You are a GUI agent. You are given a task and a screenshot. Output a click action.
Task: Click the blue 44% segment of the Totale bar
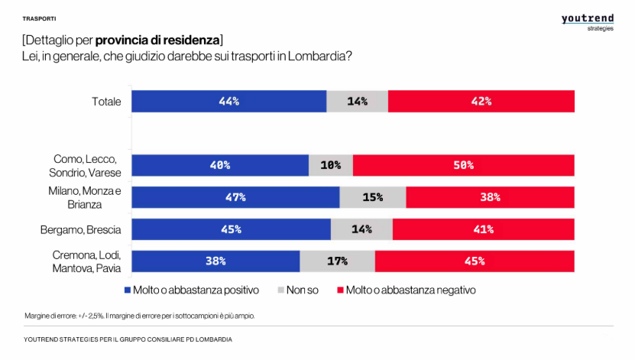pyautogui.click(x=228, y=101)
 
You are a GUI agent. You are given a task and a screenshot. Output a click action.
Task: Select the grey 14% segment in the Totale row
pyautogui.click(x=357, y=101)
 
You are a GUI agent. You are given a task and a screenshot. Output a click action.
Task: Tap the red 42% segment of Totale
pyautogui.click(x=481, y=101)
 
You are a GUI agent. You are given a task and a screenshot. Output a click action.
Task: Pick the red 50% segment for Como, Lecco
pyautogui.click(x=463, y=165)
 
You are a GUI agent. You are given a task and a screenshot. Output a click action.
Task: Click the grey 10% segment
pyautogui.click(x=331, y=165)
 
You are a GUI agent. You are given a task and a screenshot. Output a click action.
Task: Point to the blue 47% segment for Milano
pyautogui.click(x=235, y=197)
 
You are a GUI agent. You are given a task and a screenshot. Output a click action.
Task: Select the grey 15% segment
pyautogui.click(x=372, y=197)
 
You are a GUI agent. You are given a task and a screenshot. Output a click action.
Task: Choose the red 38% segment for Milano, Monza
pyautogui.click(x=490, y=197)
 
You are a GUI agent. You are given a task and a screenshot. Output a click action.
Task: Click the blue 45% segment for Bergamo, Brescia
pyautogui.click(x=231, y=229)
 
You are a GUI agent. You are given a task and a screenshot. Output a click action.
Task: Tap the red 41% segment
pyautogui.click(x=483, y=229)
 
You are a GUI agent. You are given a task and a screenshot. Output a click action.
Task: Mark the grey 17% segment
pyautogui.click(x=337, y=261)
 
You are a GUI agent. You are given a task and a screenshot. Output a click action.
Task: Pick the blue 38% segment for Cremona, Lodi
pyautogui.click(x=215, y=261)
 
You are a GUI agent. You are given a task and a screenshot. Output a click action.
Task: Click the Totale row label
pyautogui.click(x=106, y=101)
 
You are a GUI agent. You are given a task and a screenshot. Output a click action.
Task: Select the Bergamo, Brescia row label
pyautogui.click(x=80, y=229)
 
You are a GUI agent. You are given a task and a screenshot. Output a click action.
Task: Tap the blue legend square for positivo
pyautogui.click(x=127, y=290)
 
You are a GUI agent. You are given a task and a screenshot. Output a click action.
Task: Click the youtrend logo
pyautogui.click(x=588, y=21)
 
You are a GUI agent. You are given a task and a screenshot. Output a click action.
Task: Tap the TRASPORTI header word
pyautogui.click(x=39, y=18)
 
